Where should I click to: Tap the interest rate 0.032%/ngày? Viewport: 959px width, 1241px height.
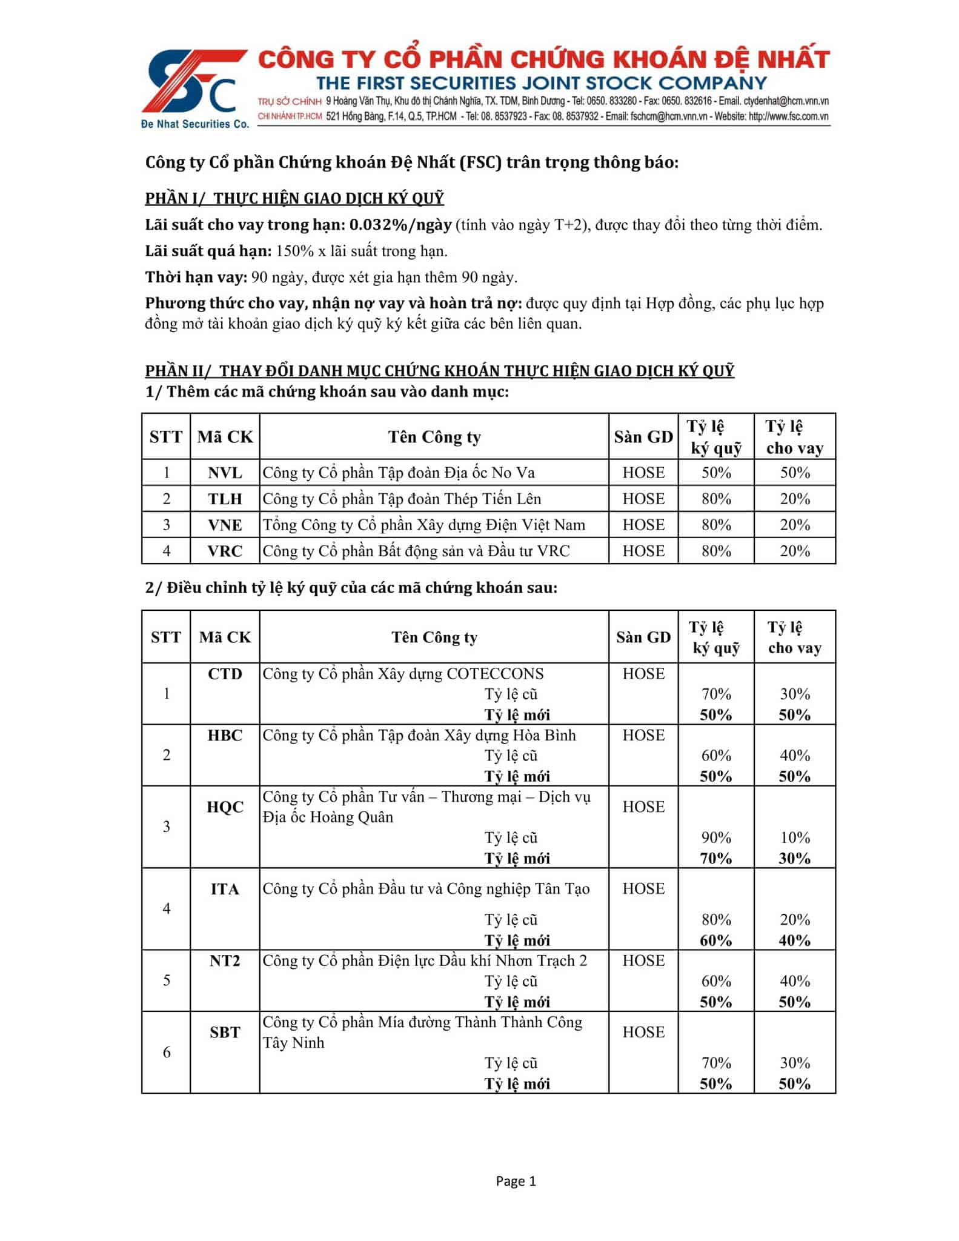coord(400,225)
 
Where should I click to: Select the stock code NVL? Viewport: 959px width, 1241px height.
coord(225,473)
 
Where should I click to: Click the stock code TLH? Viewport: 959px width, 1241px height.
coord(225,499)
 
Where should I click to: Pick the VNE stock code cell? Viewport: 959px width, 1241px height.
coord(225,525)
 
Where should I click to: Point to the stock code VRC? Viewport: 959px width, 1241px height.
coord(225,551)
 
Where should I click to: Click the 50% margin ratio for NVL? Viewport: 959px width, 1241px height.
coord(716,473)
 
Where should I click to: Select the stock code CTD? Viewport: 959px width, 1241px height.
coord(225,674)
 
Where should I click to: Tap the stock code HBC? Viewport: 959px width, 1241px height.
coord(225,735)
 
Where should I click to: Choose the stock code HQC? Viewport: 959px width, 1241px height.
coord(225,807)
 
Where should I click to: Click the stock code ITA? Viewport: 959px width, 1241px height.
coord(225,889)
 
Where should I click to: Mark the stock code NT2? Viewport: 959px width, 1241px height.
coord(225,960)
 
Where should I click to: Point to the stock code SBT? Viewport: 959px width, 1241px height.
coord(225,1032)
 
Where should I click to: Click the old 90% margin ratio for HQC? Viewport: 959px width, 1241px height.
coord(716,837)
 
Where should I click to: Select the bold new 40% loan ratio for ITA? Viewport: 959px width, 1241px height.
coord(794,940)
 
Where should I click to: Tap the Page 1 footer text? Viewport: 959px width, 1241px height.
coord(516,1181)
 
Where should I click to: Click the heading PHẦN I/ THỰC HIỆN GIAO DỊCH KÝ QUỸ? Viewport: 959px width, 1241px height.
coord(294,198)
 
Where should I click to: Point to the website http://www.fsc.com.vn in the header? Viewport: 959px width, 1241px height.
coord(789,116)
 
